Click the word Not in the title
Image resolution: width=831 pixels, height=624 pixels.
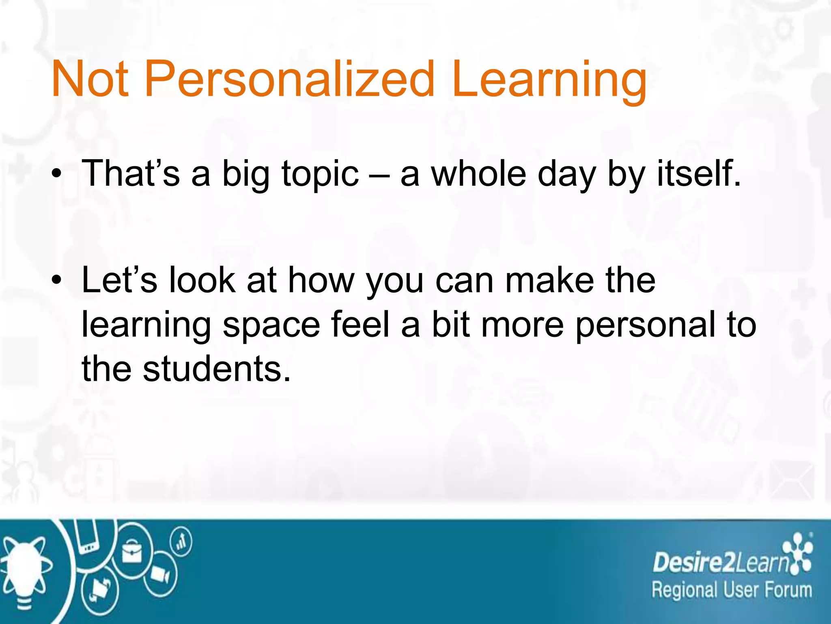point(90,79)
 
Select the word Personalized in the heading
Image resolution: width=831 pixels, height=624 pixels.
point(289,79)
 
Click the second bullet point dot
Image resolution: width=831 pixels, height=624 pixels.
point(57,281)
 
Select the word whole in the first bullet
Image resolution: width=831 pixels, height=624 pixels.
point(478,174)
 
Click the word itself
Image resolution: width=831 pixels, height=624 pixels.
point(698,174)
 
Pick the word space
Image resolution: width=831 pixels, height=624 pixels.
point(271,325)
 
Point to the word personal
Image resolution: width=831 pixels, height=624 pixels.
point(646,325)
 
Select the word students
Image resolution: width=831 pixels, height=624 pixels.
point(217,369)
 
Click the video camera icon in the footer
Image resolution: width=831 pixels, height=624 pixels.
point(160,575)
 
